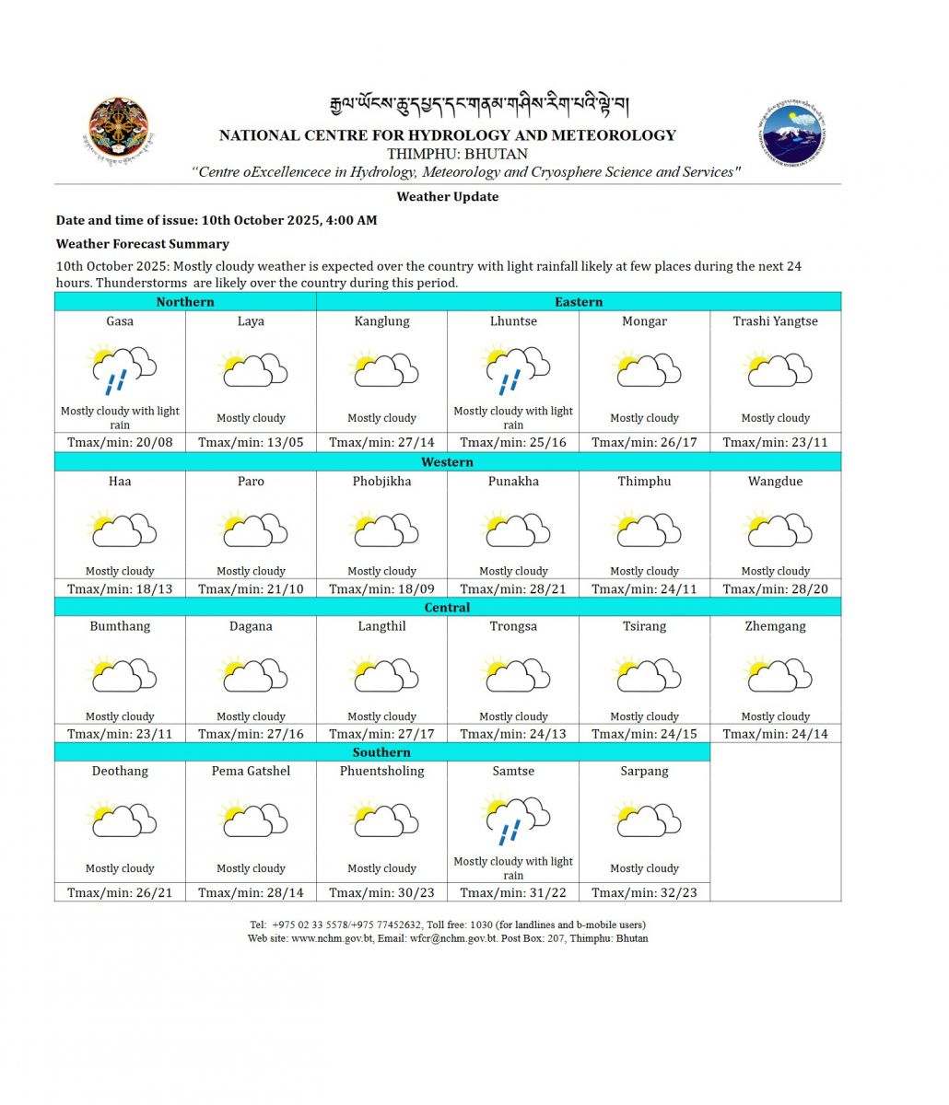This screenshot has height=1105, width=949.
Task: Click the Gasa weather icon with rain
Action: pyautogui.click(x=120, y=368)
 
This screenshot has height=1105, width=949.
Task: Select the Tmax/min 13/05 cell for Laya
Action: pyautogui.click(x=251, y=442)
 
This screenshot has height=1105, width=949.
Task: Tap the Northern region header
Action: pyautogui.click(x=185, y=302)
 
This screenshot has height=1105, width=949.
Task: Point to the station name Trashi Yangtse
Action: pyautogui.click(x=775, y=321)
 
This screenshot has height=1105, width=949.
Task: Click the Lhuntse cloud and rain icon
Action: pyautogui.click(x=513, y=368)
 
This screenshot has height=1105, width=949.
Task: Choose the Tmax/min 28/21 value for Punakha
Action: pyautogui.click(x=513, y=588)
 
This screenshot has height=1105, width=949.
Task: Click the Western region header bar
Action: pyautogui.click(x=448, y=462)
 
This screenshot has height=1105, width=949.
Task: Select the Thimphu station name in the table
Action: pyautogui.click(x=644, y=482)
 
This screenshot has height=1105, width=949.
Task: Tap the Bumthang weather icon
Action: pyautogui.click(x=120, y=675)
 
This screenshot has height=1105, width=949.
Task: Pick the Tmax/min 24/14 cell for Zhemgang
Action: pyautogui.click(x=775, y=734)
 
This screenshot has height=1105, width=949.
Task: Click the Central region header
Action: pyautogui.click(x=448, y=608)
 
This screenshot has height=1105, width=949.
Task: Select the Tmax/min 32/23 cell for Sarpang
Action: pyautogui.click(x=644, y=892)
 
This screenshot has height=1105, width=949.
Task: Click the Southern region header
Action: pyautogui.click(x=381, y=752)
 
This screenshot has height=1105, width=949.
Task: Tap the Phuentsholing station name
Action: pyautogui.click(x=381, y=772)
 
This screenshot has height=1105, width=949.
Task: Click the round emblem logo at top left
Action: pyautogui.click(x=118, y=128)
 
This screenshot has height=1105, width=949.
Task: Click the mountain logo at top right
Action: pyautogui.click(x=794, y=132)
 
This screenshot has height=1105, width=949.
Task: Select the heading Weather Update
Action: pyautogui.click(x=448, y=197)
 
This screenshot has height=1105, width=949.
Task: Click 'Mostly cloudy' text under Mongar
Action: pyautogui.click(x=644, y=418)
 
